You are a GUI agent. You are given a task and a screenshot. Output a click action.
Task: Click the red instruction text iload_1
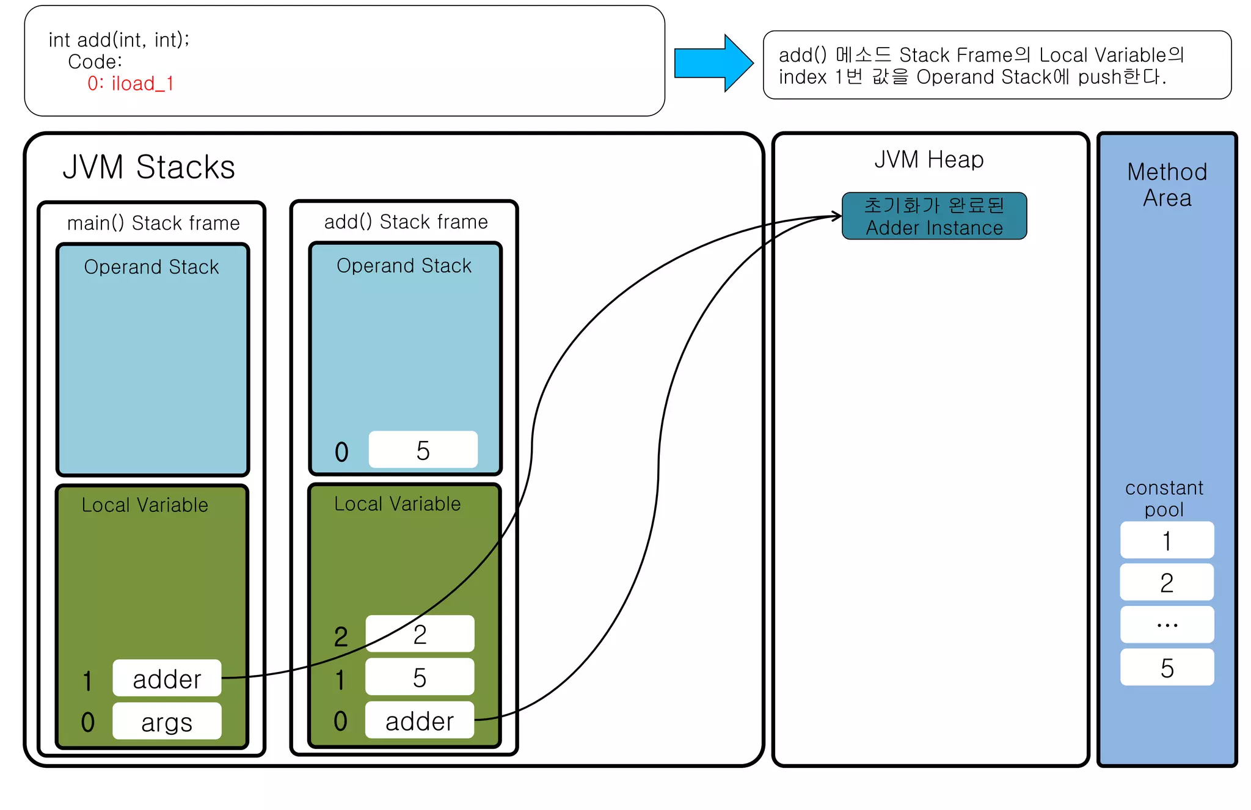131,83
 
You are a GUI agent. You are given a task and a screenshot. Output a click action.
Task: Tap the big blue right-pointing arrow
712,63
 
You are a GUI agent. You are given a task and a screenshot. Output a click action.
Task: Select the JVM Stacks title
148,167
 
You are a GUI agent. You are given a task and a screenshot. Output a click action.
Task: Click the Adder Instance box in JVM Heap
934,216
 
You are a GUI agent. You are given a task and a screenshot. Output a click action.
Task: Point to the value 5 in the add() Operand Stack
423,450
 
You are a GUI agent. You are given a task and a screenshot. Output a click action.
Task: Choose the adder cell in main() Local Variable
167,679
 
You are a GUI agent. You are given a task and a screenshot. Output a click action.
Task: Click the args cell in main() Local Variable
167,722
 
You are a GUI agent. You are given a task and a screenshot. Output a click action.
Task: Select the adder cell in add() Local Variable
419,721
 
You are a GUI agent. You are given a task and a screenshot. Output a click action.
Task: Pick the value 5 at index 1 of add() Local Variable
419,677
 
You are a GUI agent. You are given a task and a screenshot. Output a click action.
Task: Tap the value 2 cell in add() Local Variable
419,634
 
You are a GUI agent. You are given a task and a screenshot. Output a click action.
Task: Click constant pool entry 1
1167,541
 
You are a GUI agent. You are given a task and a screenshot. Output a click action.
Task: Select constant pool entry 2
1167,583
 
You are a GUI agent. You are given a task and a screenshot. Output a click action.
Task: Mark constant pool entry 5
1167,668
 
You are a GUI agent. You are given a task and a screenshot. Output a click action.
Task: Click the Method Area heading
1167,184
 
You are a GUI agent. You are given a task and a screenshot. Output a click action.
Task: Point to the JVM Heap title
928,159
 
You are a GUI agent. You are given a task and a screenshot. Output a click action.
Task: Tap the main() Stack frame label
153,223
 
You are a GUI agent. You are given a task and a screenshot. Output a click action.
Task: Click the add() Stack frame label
406,222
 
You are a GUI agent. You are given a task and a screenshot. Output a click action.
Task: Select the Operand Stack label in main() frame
151,267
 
